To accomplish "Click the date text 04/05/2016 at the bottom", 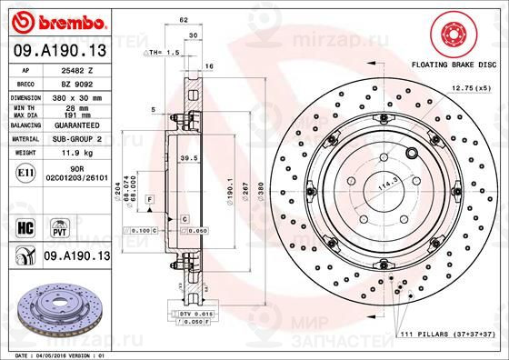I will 55,354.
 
